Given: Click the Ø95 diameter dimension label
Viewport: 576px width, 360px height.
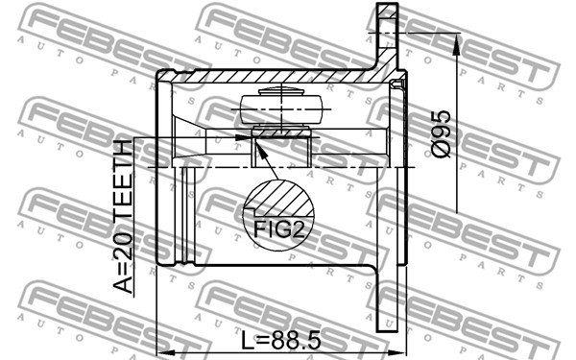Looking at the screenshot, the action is click(x=440, y=134).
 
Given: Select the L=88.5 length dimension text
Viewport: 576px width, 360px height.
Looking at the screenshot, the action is click(x=281, y=340).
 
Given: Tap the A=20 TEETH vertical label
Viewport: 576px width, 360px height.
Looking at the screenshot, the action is click(x=122, y=217).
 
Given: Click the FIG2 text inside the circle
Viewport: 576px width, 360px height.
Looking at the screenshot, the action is click(x=278, y=228).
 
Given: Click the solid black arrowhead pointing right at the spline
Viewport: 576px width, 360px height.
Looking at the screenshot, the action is click(x=243, y=137).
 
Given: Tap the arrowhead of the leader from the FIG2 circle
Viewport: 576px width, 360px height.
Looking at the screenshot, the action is click(x=260, y=151).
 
